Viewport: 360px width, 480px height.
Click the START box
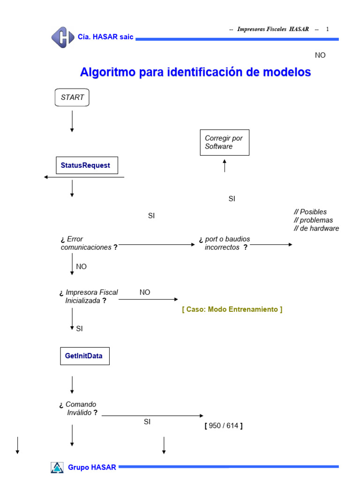[x=72, y=97]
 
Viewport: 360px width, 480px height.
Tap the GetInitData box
[x=84, y=356]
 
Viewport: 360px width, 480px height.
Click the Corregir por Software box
[x=225, y=142]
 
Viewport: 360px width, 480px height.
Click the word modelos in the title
[x=286, y=73]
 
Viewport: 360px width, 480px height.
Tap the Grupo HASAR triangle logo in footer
[x=57, y=467]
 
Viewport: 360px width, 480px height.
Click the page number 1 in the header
[x=328, y=29]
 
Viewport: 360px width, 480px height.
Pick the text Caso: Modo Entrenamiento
[x=232, y=309]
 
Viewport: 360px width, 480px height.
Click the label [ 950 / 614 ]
[x=224, y=426]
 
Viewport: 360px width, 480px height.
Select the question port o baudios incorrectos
[x=225, y=243]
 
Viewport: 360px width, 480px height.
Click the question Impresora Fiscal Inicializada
[x=89, y=297]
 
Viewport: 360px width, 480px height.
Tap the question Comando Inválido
[x=79, y=409]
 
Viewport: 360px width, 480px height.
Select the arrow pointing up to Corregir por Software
[x=225, y=165]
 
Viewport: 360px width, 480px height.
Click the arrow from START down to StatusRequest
[x=72, y=122]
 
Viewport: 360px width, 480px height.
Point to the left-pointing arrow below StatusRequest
[x=84, y=177]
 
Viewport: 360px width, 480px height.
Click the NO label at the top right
[x=320, y=55]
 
